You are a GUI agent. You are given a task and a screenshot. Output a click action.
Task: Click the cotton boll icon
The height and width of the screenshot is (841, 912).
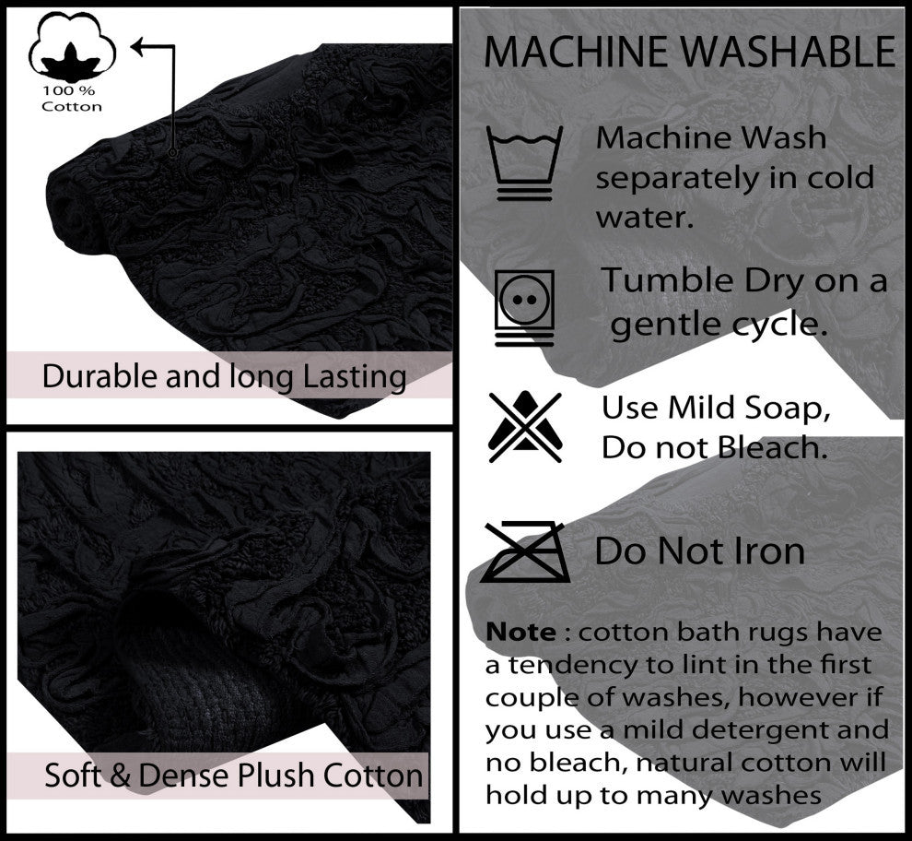pos(72,47)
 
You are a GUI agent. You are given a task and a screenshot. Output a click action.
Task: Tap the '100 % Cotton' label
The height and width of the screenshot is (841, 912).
pos(72,99)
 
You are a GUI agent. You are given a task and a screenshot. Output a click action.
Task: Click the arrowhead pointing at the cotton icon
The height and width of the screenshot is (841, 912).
pos(136,47)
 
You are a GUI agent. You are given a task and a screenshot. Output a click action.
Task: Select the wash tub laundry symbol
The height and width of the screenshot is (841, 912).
pos(525,163)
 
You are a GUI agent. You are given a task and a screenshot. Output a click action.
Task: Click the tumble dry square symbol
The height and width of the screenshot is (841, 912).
pos(524,307)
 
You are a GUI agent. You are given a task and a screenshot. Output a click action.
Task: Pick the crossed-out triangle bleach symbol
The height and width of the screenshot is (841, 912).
pos(525,427)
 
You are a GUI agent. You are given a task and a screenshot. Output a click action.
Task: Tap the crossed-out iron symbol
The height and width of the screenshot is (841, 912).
pos(525,552)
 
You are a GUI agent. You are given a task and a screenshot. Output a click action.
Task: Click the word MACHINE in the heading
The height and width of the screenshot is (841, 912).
pos(575,52)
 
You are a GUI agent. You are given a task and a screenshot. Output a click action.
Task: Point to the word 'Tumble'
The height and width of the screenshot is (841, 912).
pos(667,280)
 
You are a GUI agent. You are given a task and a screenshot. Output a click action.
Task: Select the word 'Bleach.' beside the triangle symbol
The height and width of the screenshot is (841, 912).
pos(772,448)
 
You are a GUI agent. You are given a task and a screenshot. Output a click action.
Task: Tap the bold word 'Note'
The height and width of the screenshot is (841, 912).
pos(520,633)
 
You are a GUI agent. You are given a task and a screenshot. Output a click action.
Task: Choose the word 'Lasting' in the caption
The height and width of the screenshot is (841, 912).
pos(355,377)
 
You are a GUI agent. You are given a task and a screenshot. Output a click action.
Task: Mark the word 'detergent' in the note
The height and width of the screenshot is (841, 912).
pos(761,730)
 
